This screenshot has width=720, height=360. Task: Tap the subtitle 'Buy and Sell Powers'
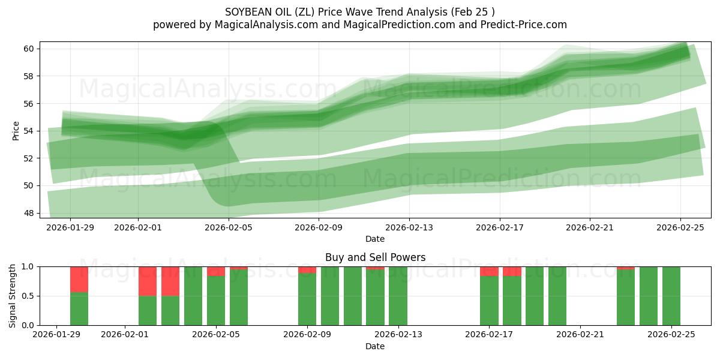[x=375, y=257]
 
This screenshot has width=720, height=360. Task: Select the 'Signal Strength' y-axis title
[x=13, y=296]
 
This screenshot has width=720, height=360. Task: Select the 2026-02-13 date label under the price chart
[x=409, y=227]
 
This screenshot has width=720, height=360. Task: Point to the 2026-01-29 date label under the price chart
[x=70, y=227]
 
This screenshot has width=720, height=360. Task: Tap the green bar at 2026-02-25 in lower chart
[x=671, y=296]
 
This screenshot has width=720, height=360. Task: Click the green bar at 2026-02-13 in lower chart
[x=398, y=296]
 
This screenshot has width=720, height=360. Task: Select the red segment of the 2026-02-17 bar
[x=489, y=271]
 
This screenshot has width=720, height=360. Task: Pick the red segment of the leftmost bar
[x=79, y=279]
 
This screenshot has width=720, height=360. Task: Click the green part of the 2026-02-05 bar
[x=216, y=301]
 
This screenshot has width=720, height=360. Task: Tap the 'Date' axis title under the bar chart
[x=375, y=346]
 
